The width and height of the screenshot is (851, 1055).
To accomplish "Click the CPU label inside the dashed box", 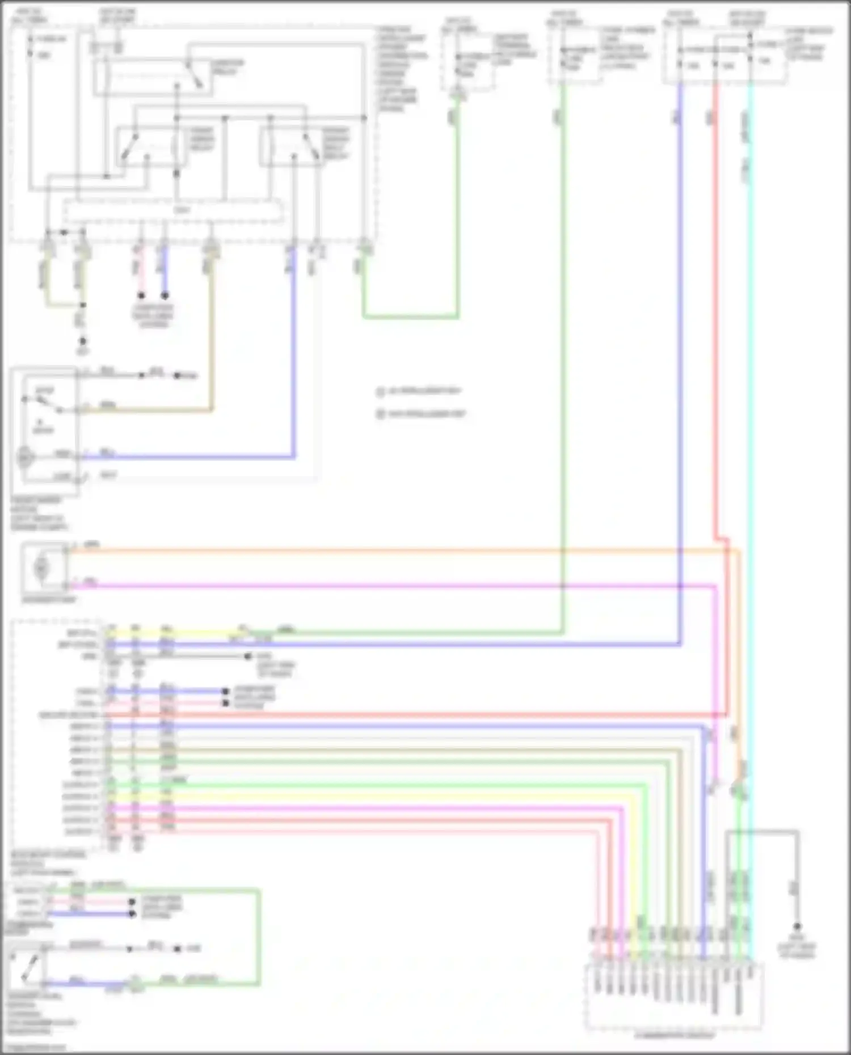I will coord(182,210).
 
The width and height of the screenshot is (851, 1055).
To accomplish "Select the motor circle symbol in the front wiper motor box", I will coord(26,457).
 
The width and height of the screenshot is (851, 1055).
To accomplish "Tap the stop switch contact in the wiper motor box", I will coord(43,402).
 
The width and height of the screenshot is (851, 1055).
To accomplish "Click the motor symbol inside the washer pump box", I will coord(41,567).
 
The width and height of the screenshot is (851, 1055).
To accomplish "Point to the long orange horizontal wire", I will coord(397,550).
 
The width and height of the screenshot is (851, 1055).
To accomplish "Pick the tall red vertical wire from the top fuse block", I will coord(715,340).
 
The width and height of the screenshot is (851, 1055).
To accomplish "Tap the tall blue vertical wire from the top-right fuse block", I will coord(680,340).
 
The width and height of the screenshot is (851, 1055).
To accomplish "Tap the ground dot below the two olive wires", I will coord(83,341).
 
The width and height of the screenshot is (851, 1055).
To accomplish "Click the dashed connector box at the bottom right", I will coord(673,996).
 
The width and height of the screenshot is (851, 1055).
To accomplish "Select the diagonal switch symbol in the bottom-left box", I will coord(28,968).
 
